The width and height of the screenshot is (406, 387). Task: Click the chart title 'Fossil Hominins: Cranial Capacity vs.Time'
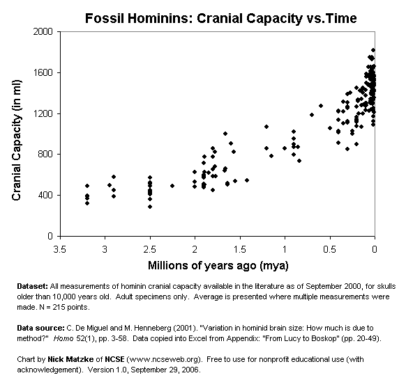click(x=220, y=17)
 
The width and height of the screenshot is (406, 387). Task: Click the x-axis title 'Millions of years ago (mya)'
click(x=217, y=266)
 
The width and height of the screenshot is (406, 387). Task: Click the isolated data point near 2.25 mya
click(x=172, y=186)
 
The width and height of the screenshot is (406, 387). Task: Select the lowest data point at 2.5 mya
click(x=150, y=207)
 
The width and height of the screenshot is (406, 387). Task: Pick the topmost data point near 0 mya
click(x=374, y=50)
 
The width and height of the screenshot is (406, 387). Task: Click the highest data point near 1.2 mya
click(x=266, y=127)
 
